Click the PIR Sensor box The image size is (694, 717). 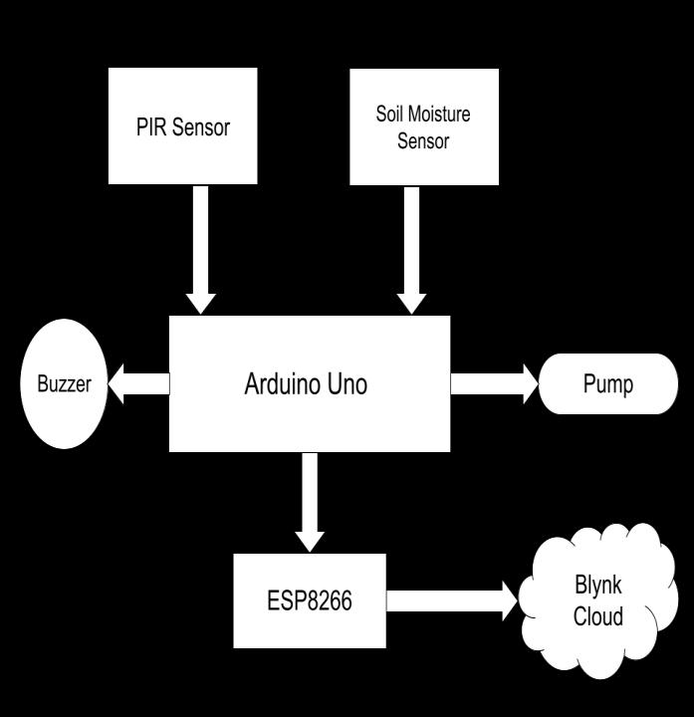coord(182,126)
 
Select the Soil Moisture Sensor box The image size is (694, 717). coord(423,126)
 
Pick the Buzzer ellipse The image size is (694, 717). coord(64,383)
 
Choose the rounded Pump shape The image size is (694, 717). coord(607,383)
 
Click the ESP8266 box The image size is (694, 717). coord(310,600)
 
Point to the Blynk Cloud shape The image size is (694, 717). coord(597,600)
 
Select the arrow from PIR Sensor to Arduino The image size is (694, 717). coord(201,249)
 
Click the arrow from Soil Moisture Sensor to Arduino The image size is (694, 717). coord(411,249)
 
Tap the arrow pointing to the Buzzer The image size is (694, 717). coord(139,383)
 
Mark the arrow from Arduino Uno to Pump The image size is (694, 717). coord(494,383)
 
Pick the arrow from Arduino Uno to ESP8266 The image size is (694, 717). coord(311,501)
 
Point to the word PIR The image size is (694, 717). coord(151,127)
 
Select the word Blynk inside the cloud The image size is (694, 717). coord(598,585)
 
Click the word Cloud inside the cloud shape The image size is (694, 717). coord(598,616)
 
